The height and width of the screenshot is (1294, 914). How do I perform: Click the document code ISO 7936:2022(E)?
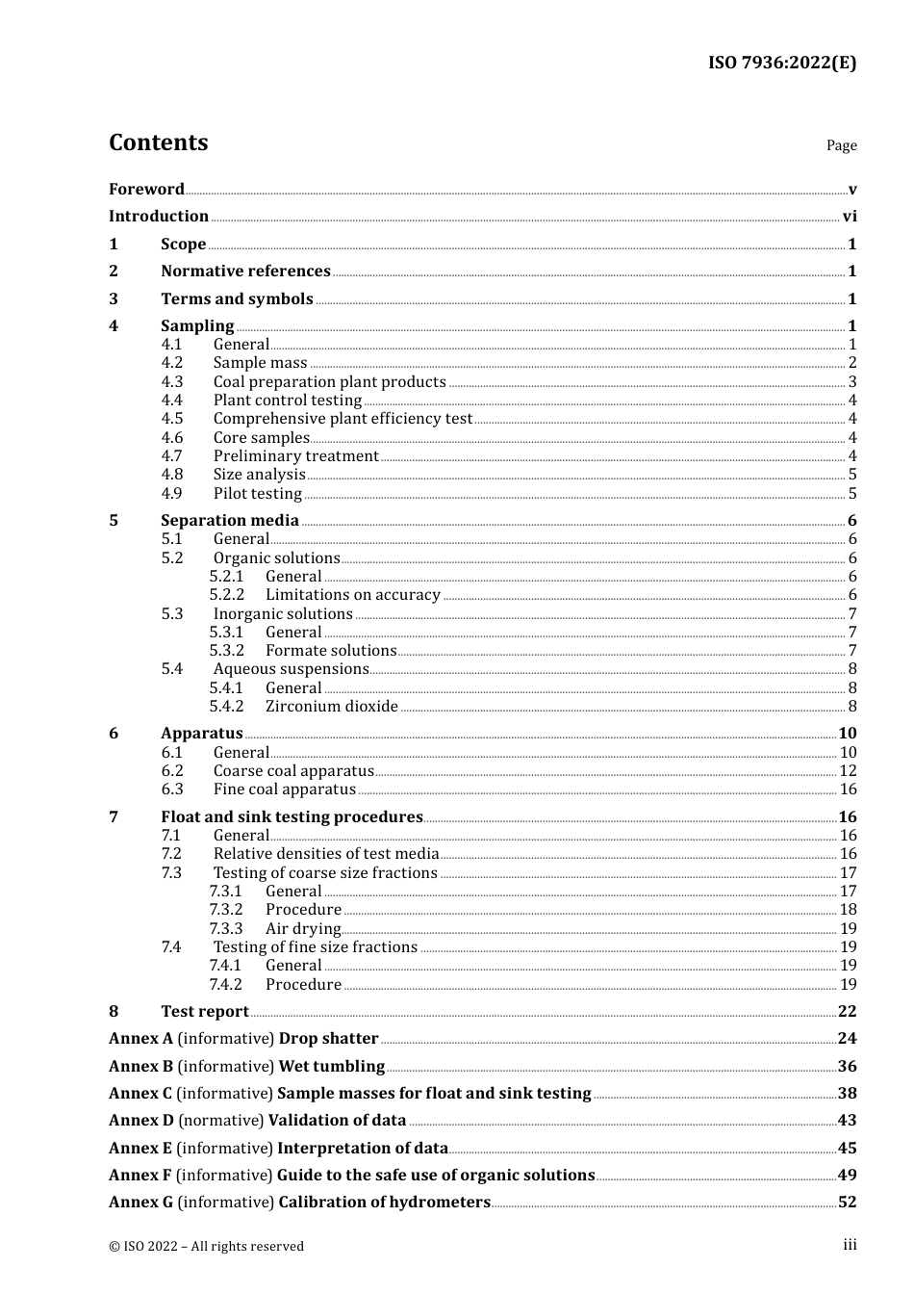(781, 63)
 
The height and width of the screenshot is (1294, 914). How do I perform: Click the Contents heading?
(158, 142)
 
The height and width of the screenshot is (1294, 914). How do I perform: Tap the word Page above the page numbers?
(841, 145)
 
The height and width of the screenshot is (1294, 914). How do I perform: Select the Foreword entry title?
(146, 189)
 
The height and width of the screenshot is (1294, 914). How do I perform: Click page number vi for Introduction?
(850, 217)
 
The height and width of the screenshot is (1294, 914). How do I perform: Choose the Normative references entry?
(245, 272)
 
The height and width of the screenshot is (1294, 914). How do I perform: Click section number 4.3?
(172, 382)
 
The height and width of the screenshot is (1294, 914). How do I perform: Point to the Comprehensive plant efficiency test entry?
(343, 419)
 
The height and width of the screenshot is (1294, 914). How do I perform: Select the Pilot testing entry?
(257, 494)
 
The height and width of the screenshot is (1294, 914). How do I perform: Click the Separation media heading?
(230, 521)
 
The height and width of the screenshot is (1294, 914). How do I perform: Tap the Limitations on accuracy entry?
(352, 595)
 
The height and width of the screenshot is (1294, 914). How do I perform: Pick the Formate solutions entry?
(331, 651)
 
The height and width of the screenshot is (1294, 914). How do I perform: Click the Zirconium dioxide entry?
(331, 707)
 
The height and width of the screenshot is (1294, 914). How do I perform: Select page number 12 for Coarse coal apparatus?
(848, 771)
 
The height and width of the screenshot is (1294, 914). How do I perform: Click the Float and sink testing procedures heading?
(292, 817)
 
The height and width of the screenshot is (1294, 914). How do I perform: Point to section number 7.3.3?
(226, 929)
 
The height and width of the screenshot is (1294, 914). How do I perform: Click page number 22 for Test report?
(847, 1012)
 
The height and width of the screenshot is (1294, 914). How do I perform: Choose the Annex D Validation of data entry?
(257, 1121)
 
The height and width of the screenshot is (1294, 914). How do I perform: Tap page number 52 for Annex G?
(847, 1203)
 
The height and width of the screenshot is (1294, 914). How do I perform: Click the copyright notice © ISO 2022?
(206, 1247)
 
